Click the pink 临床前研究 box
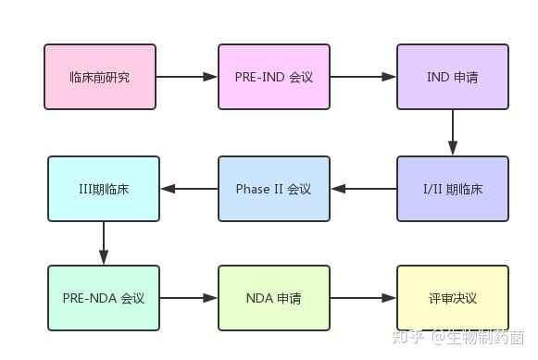[x=100, y=77]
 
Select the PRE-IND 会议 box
[x=274, y=77]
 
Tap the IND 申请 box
[x=453, y=77]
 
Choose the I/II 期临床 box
[x=453, y=189]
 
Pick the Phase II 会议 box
[x=274, y=189]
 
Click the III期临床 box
[x=104, y=189]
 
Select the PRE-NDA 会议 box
[x=104, y=298]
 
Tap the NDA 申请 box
[x=274, y=298]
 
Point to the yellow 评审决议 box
[x=453, y=298]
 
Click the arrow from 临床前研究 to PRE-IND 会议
[x=187, y=77]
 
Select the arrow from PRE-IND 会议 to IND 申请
[x=363, y=77]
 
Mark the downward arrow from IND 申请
[x=453, y=132]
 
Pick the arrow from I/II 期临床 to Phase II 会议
[x=363, y=189]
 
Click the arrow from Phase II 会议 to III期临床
[x=189, y=189]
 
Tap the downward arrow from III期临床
[x=104, y=243]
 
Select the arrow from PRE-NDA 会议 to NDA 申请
[x=189, y=298]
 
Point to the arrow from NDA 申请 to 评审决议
[x=363, y=298]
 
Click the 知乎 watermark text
[x=407, y=338]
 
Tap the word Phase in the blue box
[x=253, y=189]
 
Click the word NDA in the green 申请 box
[x=259, y=298]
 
